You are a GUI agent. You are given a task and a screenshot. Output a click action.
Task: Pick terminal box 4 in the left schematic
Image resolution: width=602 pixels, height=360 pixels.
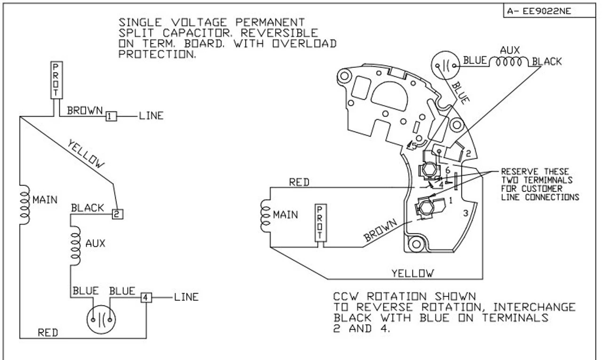coord(147,298)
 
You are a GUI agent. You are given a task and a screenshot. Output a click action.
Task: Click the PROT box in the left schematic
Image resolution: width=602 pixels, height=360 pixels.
coord(55,80)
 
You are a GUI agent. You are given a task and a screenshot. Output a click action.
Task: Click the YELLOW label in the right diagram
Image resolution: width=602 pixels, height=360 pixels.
coord(413,273)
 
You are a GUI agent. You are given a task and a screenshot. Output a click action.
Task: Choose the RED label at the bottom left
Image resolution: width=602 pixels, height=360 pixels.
coord(48,333)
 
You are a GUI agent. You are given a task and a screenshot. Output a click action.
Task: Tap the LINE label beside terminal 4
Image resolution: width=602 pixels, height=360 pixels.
coord(186,297)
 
